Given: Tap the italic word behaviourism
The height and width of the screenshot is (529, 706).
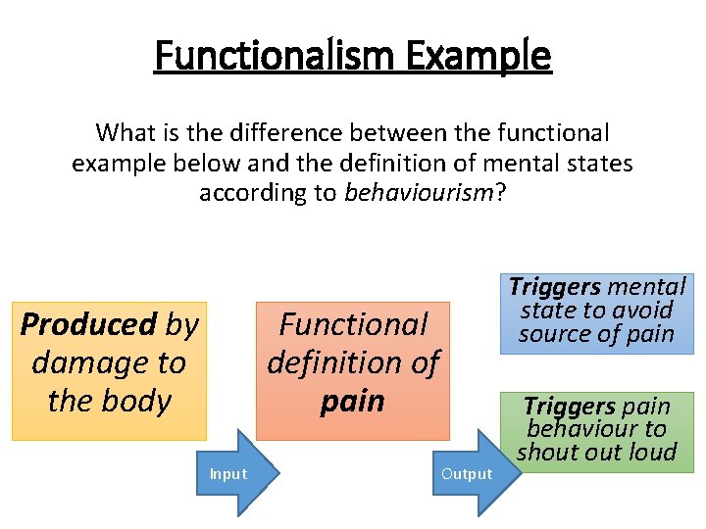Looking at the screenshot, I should (420, 192).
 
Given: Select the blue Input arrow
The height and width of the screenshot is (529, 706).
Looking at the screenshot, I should (240, 474).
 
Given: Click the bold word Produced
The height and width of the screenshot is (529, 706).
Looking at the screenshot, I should (88, 324).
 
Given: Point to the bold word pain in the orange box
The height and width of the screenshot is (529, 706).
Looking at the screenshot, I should (352, 401).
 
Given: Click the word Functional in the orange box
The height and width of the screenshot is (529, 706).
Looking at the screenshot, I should (353, 324).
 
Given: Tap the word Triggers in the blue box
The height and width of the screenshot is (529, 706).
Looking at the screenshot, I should (554, 287).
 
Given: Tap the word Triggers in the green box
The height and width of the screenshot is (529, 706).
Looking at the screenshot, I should (569, 406).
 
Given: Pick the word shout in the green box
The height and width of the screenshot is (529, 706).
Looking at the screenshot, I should (552, 452).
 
